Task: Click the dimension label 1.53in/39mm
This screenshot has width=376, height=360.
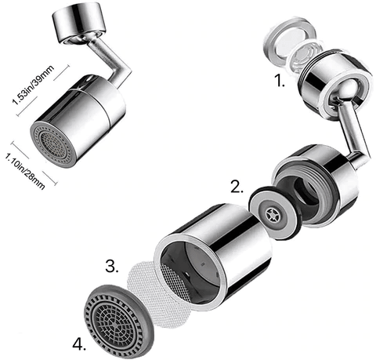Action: (33, 85)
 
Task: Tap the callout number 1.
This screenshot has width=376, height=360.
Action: (280, 81)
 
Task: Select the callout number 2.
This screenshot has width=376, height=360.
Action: (237, 187)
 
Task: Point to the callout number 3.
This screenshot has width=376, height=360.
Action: (112, 266)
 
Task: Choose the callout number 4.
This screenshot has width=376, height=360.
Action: (79, 344)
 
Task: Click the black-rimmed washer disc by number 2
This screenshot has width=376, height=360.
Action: (274, 213)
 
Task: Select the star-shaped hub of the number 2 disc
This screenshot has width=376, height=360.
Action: (273, 213)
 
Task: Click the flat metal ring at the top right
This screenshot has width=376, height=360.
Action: (289, 42)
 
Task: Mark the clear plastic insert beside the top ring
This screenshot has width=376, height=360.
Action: (303, 58)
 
